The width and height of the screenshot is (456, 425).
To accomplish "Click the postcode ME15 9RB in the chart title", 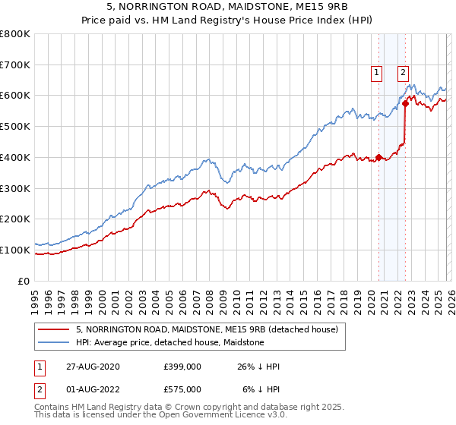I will click(321, 6).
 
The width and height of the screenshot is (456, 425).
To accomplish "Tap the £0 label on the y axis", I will click(24, 281).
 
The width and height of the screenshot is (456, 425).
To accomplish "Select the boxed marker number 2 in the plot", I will click(402, 73).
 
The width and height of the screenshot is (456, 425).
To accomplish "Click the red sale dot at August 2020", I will click(378, 158).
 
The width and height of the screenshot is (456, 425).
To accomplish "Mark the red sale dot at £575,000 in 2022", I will click(405, 104).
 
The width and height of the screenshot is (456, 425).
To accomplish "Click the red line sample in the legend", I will click(54, 330).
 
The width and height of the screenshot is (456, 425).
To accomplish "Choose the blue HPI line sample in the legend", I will click(54, 342).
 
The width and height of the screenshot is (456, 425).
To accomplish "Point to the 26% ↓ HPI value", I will click(258, 367).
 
